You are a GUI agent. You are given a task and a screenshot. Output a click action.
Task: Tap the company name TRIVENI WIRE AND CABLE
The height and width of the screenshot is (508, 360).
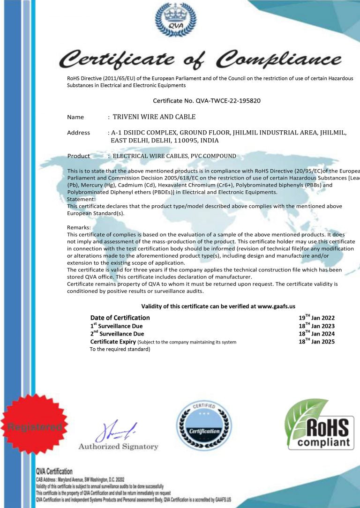pos(154,117)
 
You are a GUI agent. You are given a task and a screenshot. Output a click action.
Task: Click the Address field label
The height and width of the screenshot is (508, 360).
pos(78,133)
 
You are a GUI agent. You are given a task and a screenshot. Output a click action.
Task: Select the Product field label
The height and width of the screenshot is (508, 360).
pos(78,156)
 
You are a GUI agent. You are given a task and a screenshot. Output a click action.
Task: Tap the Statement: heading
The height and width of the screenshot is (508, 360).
pos(81,199)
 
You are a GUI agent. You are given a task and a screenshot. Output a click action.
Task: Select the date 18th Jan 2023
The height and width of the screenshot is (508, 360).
pos(316,326)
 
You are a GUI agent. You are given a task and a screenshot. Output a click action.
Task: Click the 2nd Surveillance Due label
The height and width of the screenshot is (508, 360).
pos(117,334)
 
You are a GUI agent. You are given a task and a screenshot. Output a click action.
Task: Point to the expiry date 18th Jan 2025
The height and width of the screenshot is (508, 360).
pos(316,342)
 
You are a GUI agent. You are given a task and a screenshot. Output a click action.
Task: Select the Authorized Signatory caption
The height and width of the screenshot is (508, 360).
pos(118,447)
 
